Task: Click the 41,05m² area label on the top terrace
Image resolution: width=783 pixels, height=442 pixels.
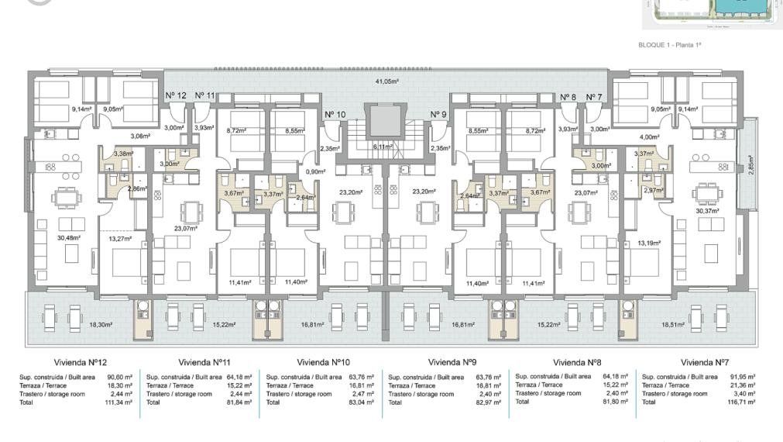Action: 386,81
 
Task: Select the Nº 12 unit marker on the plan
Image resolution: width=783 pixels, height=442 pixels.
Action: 176,95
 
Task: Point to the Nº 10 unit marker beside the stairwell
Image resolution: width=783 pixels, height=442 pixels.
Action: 335,114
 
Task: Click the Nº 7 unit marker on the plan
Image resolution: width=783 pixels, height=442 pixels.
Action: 595,96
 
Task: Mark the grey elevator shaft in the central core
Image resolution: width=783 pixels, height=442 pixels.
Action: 384,121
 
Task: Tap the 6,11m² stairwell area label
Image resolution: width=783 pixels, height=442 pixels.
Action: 384,146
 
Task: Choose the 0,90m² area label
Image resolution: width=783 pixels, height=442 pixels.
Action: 315,171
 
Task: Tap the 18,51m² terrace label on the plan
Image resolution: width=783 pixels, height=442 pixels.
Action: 674,326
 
